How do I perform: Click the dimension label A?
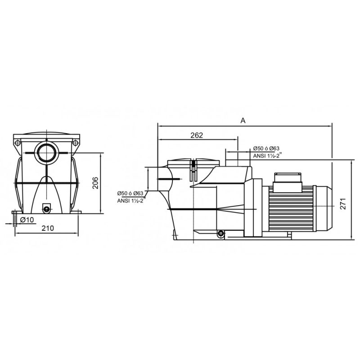(x=243, y=120)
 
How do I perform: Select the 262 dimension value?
(x=197, y=135)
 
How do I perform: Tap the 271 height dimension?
(x=343, y=204)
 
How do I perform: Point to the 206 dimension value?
(x=95, y=183)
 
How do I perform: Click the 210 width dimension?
(x=48, y=228)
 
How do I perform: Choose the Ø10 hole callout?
(x=27, y=220)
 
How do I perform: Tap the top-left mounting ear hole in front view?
(x=18, y=143)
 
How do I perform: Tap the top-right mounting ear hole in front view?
(x=75, y=143)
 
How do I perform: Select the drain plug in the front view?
(x=47, y=209)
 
